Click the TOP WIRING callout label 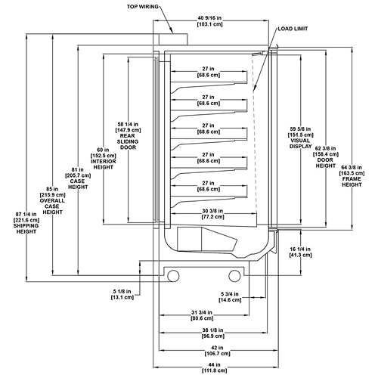[x=143, y=7]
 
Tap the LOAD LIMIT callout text [x=293, y=29]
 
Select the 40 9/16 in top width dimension [x=209, y=21]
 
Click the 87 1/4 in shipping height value [x=26, y=217]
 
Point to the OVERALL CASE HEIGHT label [x=52, y=206]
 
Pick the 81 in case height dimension [x=78, y=172]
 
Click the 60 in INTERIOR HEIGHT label [x=104, y=159]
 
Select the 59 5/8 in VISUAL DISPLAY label [x=301, y=138]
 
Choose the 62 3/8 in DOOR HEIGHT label [x=326, y=157]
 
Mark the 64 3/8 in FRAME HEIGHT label [x=352, y=176]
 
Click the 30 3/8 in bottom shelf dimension [x=213, y=214]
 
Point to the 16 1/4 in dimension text [x=300, y=252]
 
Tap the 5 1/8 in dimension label [x=122, y=294]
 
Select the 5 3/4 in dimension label [x=230, y=297]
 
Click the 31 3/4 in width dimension [x=202, y=315]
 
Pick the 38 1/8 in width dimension [x=213, y=333]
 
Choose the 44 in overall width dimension [x=215, y=367]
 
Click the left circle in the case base [x=173, y=276]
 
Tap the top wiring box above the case [x=173, y=39]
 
